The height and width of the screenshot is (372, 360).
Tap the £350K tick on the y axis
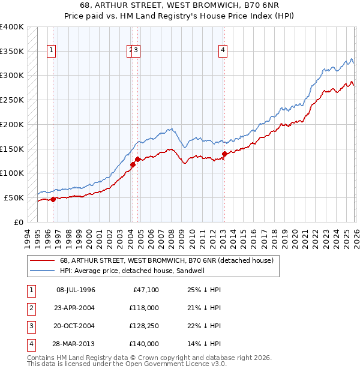12,52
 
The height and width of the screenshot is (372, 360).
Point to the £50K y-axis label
14,197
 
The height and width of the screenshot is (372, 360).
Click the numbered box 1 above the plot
52,51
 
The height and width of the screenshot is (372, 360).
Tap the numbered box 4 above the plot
223,51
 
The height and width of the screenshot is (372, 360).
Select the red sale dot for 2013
224,154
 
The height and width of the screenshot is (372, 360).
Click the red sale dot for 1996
53,199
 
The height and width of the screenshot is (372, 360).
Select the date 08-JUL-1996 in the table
76,290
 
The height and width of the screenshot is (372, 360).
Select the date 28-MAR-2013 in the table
76,344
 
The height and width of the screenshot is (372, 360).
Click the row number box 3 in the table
31,326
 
